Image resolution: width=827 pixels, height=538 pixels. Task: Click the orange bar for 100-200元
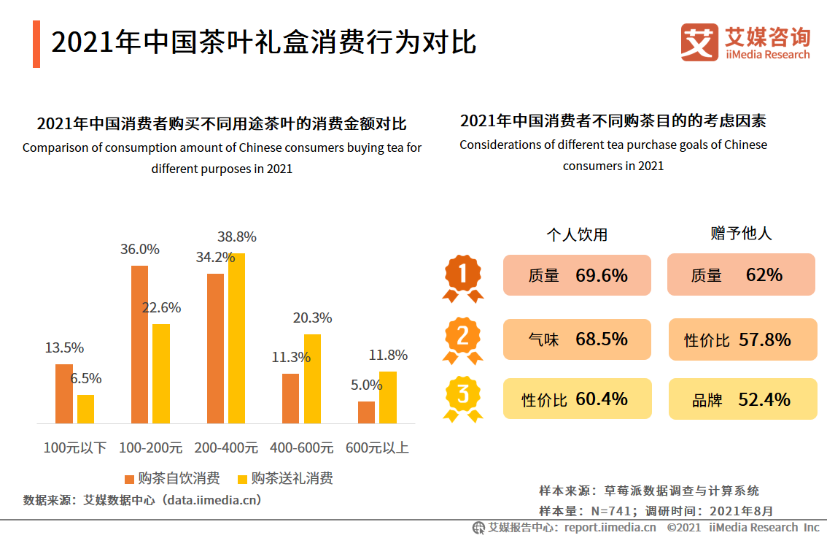(139, 345)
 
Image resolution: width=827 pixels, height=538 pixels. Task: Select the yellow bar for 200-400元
(236, 338)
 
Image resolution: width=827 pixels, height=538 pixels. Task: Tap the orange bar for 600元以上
(366, 412)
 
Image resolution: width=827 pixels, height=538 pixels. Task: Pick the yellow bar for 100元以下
(86, 409)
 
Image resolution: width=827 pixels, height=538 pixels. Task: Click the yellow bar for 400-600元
(312, 378)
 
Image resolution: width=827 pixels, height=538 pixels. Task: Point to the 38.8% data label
(237, 237)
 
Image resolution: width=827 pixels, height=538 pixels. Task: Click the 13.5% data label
(64, 347)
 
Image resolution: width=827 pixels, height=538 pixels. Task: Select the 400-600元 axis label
(301, 447)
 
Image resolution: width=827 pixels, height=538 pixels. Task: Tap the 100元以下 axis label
(74, 447)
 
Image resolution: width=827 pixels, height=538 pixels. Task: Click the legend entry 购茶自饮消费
(172, 479)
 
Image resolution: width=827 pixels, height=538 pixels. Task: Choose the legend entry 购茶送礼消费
(285, 479)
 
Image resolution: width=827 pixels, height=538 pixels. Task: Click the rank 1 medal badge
(462, 277)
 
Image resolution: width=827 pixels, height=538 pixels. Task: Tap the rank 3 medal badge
(462, 398)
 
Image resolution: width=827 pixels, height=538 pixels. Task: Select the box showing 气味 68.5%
(577, 339)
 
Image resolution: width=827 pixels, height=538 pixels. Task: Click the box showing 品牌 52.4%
(742, 399)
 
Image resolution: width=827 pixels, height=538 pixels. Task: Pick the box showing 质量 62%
(740, 274)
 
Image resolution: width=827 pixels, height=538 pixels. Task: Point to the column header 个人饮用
(577, 234)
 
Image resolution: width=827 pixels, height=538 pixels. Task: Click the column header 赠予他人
(741, 234)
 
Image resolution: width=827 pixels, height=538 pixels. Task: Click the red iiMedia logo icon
(699, 42)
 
